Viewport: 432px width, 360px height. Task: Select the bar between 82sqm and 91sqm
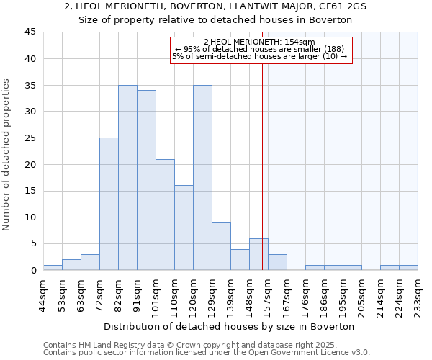tap(127, 177)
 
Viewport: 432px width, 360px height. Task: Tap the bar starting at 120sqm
tap(202, 177)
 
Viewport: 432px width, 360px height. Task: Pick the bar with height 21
tap(165, 215)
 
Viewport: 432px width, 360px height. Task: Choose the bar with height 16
tap(184, 228)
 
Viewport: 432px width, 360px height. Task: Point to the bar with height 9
tap(221, 246)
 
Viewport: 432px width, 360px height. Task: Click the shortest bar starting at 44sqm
tap(53, 267)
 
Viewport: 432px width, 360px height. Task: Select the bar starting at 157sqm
tap(277, 262)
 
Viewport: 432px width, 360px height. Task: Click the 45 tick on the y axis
tap(32, 32)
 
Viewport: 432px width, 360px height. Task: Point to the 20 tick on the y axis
tap(32, 164)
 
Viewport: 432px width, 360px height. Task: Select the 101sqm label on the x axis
tap(156, 293)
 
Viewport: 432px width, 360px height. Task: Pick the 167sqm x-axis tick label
tap(287, 293)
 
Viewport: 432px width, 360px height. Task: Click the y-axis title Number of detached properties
tap(7, 155)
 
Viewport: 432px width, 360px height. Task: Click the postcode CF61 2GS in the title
tap(338, 6)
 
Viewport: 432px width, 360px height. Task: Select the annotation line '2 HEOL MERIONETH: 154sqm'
tap(260, 42)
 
